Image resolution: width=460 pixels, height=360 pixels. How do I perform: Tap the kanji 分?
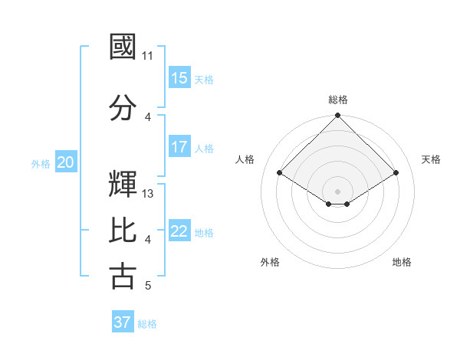click(x=123, y=107)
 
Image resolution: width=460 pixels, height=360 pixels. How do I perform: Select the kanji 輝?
click(x=123, y=184)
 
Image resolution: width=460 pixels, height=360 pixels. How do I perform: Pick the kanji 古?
click(x=123, y=276)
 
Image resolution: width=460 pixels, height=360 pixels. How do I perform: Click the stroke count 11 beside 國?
click(x=148, y=56)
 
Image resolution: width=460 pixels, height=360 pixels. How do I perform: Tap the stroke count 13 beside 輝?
click(x=149, y=194)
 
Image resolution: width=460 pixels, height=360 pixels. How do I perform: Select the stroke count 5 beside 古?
click(x=148, y=286)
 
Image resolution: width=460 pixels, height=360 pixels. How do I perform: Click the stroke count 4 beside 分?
click(x=148, y=117)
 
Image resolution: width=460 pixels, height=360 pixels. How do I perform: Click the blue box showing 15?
click(x=179, y=78)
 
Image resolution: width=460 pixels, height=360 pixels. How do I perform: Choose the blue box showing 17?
click(x=179, y=147)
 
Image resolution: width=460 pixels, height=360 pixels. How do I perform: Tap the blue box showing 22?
click(x=179, y=231)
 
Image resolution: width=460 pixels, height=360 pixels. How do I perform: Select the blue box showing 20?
click(x=66, y=162)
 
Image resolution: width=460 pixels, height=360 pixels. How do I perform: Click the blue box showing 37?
click(x=123, y=322)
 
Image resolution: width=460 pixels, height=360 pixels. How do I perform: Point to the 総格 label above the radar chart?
click(x=337, y=100)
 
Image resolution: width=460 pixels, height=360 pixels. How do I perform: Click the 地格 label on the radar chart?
click(x=402, y=262)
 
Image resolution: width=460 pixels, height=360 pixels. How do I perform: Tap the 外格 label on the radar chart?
click(x=270, y=262)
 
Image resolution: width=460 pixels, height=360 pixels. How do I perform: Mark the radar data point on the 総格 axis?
click(x=337, y=116)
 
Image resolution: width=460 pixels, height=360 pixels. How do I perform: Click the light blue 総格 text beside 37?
click(x=147, y=324)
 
